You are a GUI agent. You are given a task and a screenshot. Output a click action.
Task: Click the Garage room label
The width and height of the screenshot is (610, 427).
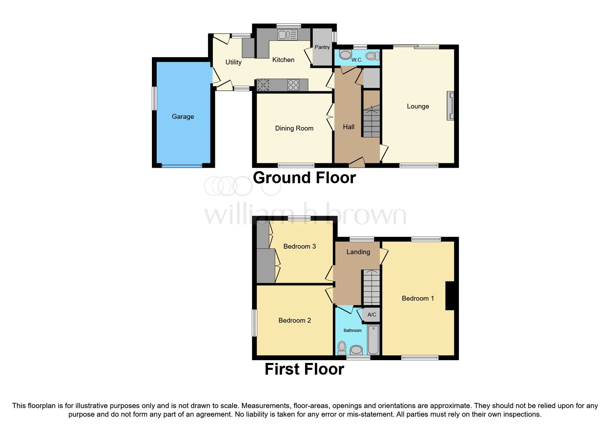coord(183,116)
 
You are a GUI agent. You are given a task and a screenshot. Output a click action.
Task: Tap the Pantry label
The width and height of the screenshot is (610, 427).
coord(322,47)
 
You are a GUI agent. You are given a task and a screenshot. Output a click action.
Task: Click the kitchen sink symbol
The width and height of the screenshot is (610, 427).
coord(287,34)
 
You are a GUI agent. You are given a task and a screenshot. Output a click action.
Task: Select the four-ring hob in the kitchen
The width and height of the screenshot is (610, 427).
coord(293,85)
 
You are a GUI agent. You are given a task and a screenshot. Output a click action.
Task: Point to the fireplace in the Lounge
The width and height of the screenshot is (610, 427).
coord(451,106)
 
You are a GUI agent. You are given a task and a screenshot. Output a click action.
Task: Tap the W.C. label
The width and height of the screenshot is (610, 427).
coord(357,60)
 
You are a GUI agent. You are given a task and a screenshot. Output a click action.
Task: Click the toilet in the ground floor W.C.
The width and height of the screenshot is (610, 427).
coord(372,56)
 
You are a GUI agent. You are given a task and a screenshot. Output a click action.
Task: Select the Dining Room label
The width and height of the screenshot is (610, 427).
coord(294,128)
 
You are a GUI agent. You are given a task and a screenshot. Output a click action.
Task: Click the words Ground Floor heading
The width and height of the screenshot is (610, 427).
coord(304,178)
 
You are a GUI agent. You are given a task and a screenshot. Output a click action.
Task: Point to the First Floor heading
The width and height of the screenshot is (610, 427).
coord(304,369)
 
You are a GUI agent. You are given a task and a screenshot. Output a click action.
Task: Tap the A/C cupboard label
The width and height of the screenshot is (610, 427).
coord(372,315)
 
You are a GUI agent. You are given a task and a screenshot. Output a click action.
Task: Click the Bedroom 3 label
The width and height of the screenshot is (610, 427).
coord(299,246)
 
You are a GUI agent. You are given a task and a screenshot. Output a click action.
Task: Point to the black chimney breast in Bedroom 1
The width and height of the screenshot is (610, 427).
coord(450,295)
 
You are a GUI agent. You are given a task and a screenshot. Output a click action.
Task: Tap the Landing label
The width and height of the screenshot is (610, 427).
coord(358,252)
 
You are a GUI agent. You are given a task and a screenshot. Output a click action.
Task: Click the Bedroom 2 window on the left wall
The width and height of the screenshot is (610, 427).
coord(254,323)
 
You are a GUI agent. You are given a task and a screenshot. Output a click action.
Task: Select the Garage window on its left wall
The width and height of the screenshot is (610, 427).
coord(155,98)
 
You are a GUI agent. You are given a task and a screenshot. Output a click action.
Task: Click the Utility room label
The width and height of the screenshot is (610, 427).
coord(233,62)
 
